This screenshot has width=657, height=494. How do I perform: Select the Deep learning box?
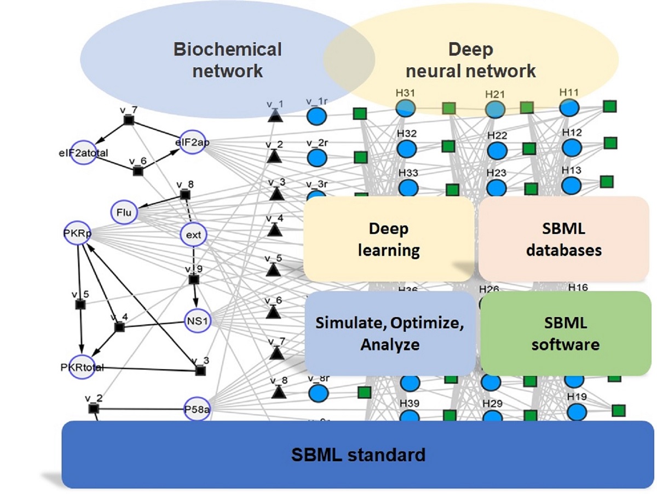(x=389, y=239)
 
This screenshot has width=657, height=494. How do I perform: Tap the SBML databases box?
(x=563, y=239)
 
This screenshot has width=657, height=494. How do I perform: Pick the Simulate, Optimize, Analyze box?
(x=389, y=333)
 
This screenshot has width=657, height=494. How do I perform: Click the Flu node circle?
(x=124, y=212)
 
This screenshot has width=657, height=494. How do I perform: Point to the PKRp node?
(x=77, y=234)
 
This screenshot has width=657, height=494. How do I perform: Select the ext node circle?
(x=193, y=235)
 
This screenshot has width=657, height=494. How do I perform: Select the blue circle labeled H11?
(x=570, y=107)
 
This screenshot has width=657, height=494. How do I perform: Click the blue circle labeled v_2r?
(x=317, y=158)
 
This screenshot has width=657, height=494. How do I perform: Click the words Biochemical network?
(x=227, y=60)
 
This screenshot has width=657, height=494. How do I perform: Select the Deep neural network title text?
(x=471, y=60)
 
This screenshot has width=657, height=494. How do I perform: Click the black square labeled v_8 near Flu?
(x=185, y=195)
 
